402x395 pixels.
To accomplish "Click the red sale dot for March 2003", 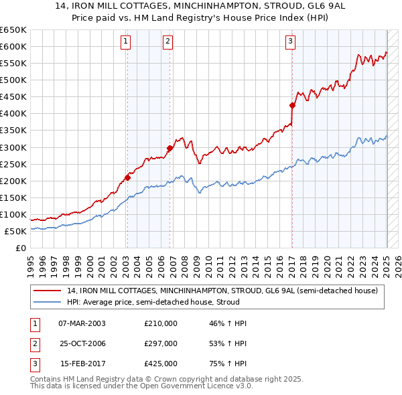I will (127, 177).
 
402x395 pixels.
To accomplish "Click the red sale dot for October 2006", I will (170, 148).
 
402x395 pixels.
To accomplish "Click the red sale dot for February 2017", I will (292, 105).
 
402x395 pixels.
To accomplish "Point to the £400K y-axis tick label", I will (14, 113).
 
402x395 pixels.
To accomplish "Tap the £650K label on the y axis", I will (14, 30).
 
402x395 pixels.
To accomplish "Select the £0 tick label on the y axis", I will (21, 248).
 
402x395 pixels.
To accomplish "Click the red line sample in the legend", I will (48, 291).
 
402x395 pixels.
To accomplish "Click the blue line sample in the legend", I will (48, 302).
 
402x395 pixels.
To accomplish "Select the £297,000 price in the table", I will (161, 343).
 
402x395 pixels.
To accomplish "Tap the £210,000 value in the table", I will (161, 323).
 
